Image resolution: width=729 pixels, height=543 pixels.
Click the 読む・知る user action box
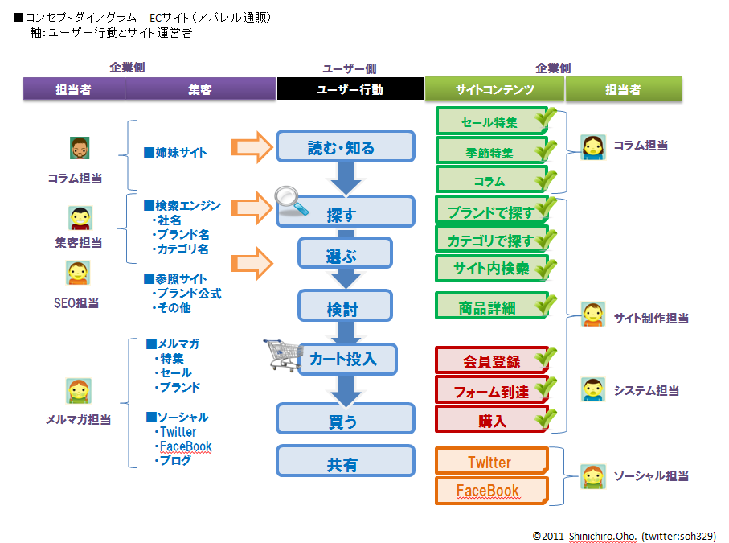tap(346, 146)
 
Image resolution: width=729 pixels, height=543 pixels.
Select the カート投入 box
tap(348, 359)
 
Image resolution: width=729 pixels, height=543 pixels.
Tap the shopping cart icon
tap(283, 354)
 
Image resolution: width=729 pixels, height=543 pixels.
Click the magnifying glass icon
tap(291, 201)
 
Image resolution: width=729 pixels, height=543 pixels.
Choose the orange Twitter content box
tap(490, 462)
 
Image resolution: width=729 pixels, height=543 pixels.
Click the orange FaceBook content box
tap(490, 491)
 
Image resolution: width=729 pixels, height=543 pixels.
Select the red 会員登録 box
tap(490, 361)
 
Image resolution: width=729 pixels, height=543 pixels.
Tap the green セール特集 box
tap(490, 122)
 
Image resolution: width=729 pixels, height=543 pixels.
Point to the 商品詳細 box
tap(490, 306)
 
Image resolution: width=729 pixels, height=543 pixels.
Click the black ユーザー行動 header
tap(350, 89)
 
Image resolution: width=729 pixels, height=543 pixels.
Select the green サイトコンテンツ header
tap(494, 89)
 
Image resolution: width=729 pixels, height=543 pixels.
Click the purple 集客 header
tap(200, 89)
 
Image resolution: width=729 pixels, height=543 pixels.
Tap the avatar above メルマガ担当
tap(78, 391)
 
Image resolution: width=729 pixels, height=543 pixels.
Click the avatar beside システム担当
tap(592, 390)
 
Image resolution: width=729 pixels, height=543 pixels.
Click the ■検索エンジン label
tap(182, 206)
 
